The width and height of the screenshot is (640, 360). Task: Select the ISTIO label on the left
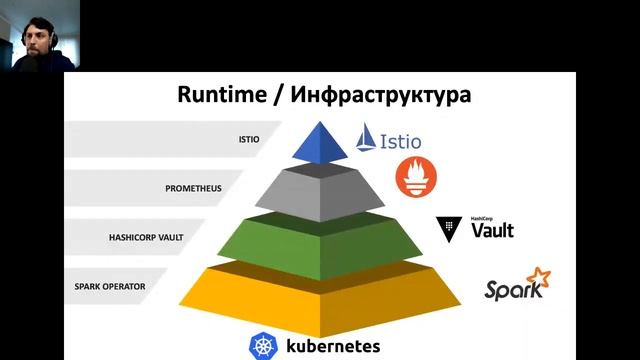click(249, 140)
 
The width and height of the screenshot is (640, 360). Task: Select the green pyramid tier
click(320, 240)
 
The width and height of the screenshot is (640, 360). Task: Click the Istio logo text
click(406, 141)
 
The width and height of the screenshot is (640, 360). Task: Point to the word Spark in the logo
click(513, 290)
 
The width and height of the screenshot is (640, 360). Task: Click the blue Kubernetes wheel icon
click(264, 346)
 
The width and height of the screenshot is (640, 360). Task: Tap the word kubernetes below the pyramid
click(333, 347)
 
